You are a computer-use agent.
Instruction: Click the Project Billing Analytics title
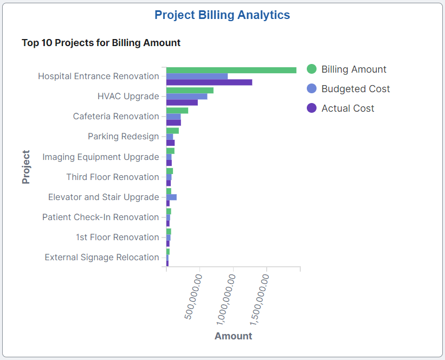(x=222, y=15)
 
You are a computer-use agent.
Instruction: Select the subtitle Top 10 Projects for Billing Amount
(x=101, y=42)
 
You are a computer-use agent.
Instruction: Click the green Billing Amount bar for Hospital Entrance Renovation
(x=231, y=70)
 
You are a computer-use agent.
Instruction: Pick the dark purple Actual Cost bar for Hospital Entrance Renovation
(x=209, y=82)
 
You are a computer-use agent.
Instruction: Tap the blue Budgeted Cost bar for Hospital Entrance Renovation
(x=197, y=76)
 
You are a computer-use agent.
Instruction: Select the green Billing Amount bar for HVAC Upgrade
(x=190, y=90)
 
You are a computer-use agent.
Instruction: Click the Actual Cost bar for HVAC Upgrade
(x=182, y=102)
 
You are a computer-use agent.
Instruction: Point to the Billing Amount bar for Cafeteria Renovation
(x=177, y=110)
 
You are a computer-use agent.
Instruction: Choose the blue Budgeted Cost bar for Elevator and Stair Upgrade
(x=171, y=197)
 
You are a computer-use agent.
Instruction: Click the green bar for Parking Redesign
(x=172, y=131)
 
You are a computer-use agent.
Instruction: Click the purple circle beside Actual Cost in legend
(x=312, y=108)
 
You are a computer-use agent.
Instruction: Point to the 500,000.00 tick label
(x=194, y=297)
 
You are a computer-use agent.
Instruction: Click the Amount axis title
(x=233, y=336)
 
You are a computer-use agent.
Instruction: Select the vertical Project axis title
(x=26, y=167)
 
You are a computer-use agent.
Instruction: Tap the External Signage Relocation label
(x=102, y=258)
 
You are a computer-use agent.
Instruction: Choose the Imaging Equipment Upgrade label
(x=101, y=157)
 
